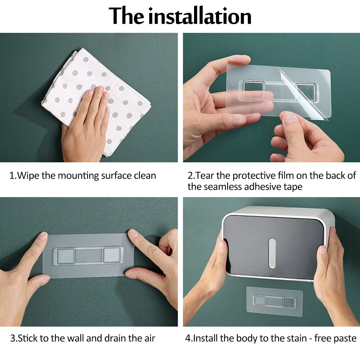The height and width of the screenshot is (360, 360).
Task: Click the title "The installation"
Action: pyautogui.click(x=180, y=16)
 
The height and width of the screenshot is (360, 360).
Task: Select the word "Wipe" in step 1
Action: pyautogui.click(x=29, y=176)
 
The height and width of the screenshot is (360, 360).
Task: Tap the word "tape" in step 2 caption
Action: pyautogui.click(x=292, y=187)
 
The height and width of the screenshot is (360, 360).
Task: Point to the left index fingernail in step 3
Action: pyautogui.click(x=42, y=236)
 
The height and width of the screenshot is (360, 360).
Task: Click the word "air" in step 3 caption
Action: pyautogui.click(x=148, y=338)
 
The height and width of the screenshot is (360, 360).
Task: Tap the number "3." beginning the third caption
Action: pyautogui.click(x=14, y=338)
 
